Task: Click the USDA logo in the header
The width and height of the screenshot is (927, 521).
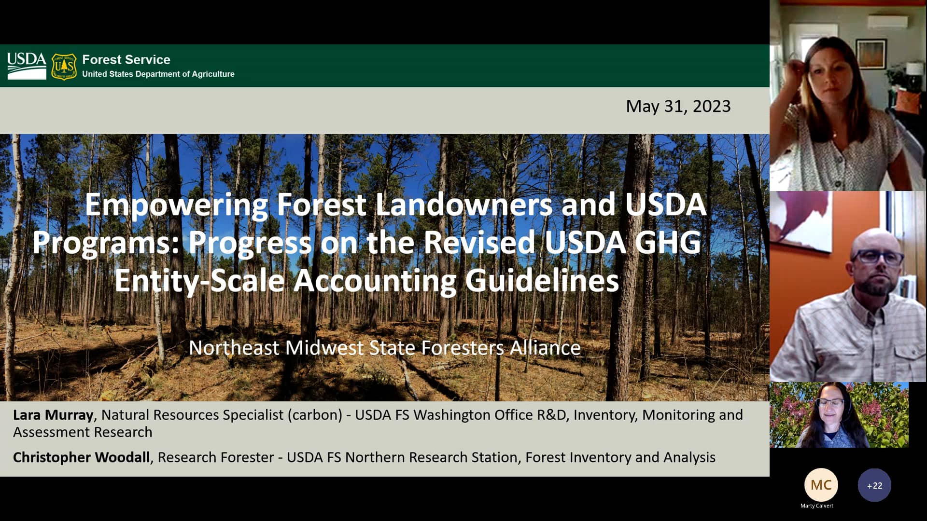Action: (x=27, y=66)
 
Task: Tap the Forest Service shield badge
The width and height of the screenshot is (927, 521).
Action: (x=64, y=66)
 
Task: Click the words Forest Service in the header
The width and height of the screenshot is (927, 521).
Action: (x=126, y=59)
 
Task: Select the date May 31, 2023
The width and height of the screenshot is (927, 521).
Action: (x=678, y=106)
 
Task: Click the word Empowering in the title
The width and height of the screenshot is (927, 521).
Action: (x=176, y=205)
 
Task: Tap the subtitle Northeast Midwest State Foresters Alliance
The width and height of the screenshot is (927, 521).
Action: (x=384, y=347)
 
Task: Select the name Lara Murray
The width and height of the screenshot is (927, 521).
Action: (x=53, y=415)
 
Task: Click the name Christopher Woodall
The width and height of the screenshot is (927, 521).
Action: (x=81, y=457)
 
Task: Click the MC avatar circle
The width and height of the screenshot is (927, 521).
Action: (x=821, y=485)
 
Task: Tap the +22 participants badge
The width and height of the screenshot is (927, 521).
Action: (x=874, y=485)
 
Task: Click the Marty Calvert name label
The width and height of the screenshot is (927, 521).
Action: (x=816, y=506)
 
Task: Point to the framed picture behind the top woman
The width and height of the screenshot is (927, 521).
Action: (x=871, y=54)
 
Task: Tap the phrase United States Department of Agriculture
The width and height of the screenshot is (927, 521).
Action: (x=158, y=74)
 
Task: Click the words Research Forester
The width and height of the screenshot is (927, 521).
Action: (x=216, y=457)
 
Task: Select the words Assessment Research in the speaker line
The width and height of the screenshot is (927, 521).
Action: (x=83, y=432)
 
